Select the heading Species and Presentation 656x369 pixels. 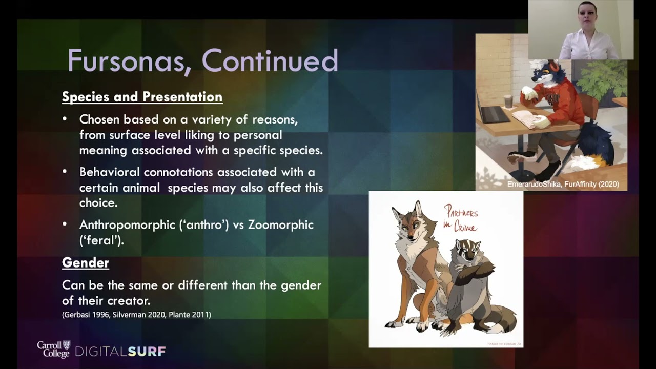(142, 97)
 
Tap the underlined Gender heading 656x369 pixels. (85, 263)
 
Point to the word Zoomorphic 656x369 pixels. (280, 225)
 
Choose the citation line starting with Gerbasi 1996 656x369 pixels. (136, 315)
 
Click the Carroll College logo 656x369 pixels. (53, 349)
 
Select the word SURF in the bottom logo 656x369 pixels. (147, 352)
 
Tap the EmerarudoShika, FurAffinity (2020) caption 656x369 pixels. (563, 184)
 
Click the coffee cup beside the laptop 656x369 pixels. (508, 100)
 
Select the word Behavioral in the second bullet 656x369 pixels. (109, 172)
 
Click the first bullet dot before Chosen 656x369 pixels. (65, 119)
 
